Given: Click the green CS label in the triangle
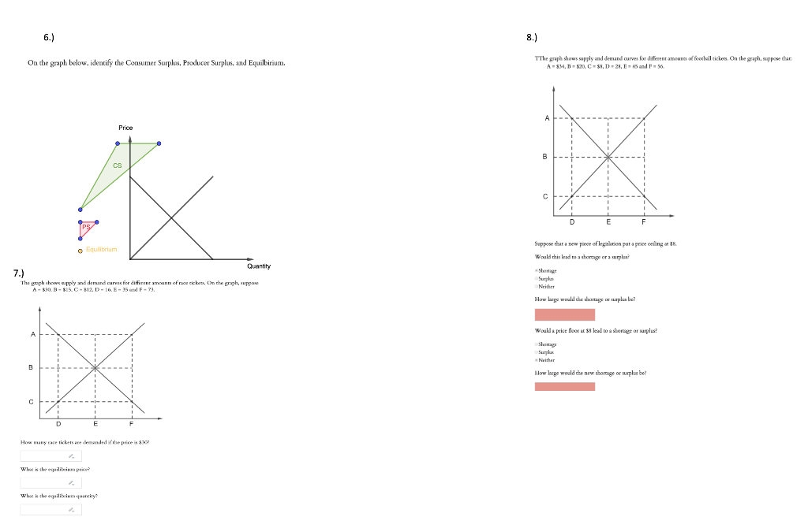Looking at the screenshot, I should tap(117, 165).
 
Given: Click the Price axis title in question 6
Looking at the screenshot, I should tap(125, 128).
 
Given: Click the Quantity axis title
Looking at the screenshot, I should tap(259, 266).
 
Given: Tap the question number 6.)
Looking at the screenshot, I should tap(49, 36).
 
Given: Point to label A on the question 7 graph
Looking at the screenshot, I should tap(32, 334).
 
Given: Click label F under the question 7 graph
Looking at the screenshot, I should tap(132, 423).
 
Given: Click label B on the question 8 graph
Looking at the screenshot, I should tap(544, 157).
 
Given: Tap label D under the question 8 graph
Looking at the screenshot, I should tap(571, 222).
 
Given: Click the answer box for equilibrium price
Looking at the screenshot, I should tap(50, 482).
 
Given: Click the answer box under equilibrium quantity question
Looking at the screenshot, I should tap(50, 509).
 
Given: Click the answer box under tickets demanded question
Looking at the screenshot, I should tap(50, 455).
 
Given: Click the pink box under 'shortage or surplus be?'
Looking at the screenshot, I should tap(564, 314).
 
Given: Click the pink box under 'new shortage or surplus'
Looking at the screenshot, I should tap(564, 386).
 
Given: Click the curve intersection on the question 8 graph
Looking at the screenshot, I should tap(608, 157).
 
